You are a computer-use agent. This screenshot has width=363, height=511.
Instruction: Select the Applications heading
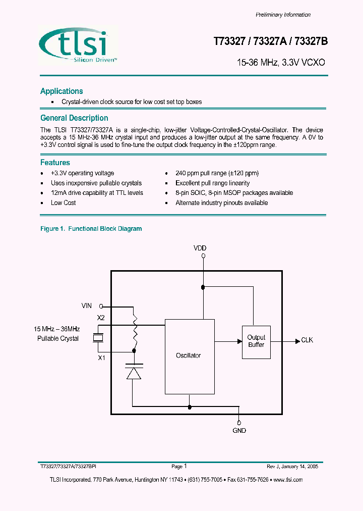coord(62,91)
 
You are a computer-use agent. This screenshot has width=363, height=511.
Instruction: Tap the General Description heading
coord(74,118)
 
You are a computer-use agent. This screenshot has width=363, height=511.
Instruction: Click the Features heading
coord(55,163)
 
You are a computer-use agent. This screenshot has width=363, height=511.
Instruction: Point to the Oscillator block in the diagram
coord(188,355)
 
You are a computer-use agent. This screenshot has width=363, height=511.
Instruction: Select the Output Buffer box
coord(256,341)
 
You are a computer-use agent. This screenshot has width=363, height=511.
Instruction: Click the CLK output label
coord(307,340)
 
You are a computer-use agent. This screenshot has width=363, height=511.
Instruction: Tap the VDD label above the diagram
coord(200,248)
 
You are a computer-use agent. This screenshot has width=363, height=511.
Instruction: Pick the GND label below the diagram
coord(239,431)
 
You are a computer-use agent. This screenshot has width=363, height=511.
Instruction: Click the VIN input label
coord(87,305)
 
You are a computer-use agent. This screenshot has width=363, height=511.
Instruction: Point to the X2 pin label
coord(101,318)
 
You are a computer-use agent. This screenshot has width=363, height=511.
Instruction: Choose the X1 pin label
coord(101,357)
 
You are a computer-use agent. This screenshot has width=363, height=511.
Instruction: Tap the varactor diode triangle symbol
coord(134,373)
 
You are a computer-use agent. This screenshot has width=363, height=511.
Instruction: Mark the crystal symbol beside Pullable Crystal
coord(99,338)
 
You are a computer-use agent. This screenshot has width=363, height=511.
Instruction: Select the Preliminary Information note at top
coord(283,15)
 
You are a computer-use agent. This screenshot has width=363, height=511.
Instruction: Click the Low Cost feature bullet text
coord(64,203)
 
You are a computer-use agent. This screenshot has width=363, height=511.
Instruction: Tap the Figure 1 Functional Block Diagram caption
coord(91,229)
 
